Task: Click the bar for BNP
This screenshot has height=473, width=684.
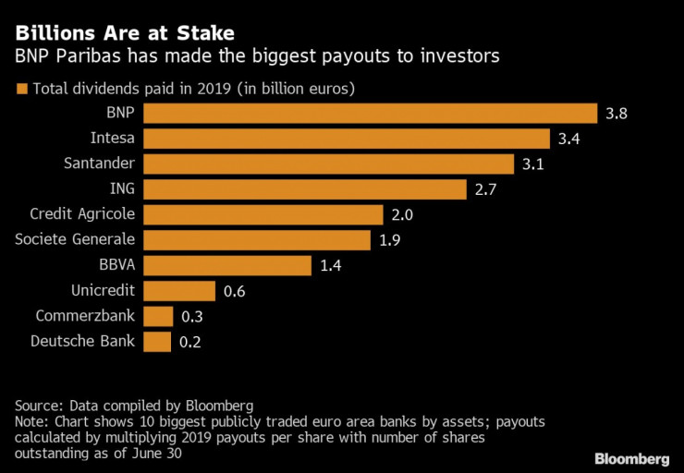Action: click(371, 113)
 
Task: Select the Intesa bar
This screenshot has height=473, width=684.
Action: click(348, 139)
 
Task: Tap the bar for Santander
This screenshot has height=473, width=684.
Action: click(329, 164)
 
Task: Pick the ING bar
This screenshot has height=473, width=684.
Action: click(305, 189)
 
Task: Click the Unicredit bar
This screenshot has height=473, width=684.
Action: click(179, 291)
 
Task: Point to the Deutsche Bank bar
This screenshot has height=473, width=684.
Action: click(158, 342)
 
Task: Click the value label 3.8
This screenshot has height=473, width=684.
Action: click(617, 114)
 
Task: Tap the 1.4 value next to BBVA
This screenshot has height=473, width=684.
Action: click(331, 266)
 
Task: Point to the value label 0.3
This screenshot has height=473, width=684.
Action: click(191, 317)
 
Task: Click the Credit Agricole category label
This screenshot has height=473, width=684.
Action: click(82, 214)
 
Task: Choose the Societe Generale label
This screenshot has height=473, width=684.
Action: click(76, 240)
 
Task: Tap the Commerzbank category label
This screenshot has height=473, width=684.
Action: click(86, 316)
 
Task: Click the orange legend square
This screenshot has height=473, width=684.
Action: click(21, 90)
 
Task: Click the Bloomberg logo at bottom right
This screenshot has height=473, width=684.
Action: click(631, 458)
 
